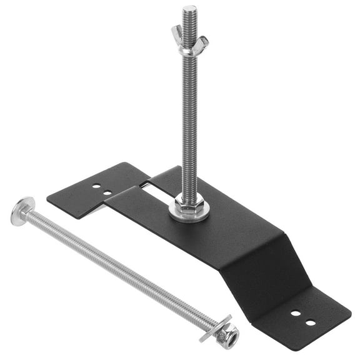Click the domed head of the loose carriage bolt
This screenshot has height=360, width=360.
(x=22, y=211)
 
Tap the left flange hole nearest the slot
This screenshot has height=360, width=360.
(x=107, y=192)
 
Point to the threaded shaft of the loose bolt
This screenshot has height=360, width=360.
(x=119, y=269)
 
